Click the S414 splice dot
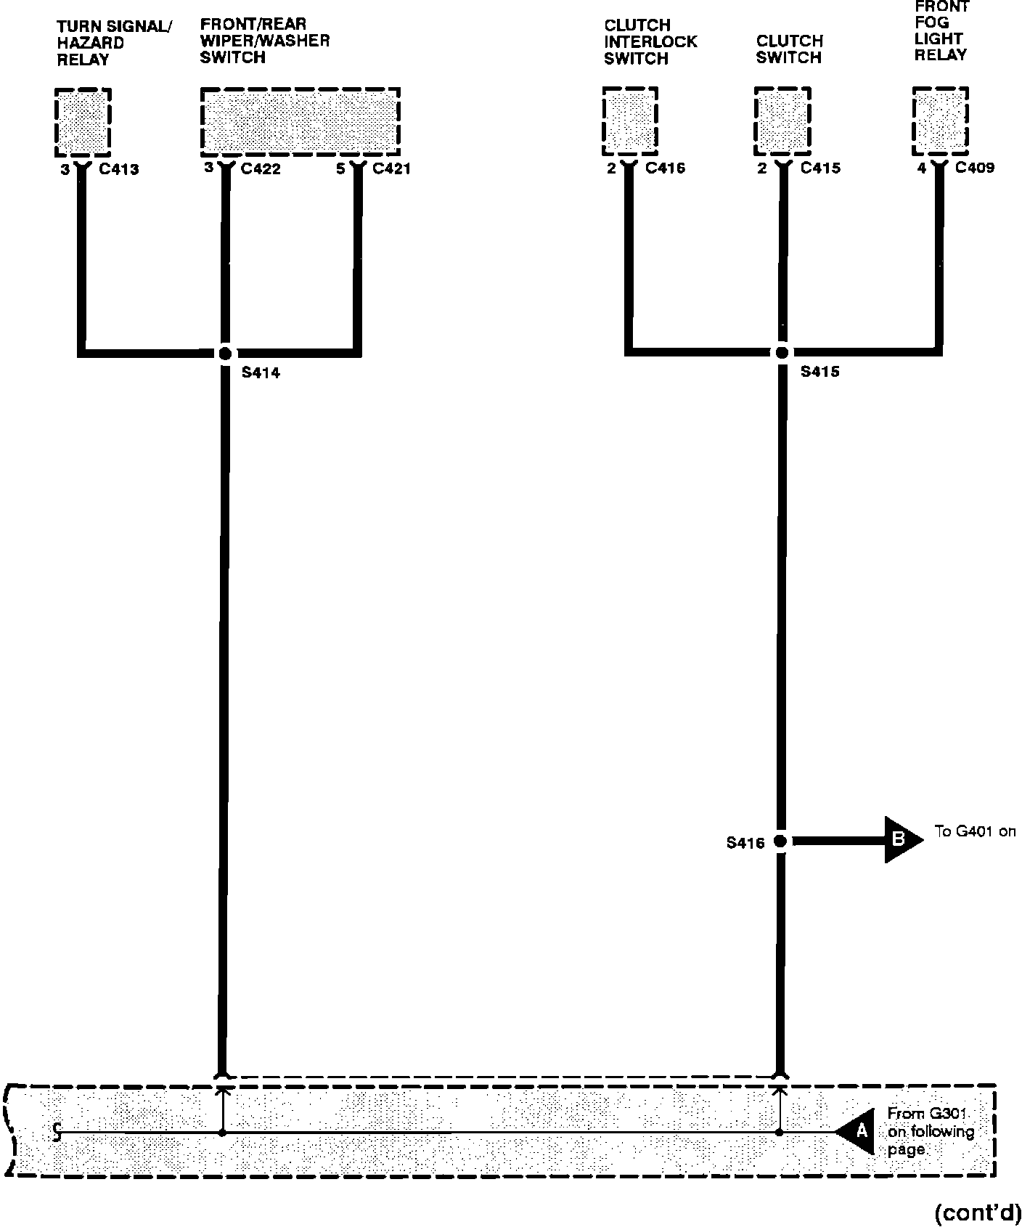[225, 354]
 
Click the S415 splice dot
[782, 353]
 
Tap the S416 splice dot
[780, 841]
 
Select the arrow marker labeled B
[901, 839]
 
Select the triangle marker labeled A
[857, 1131]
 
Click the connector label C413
[119, 170]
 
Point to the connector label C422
[261, 169]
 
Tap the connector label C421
[391, 169]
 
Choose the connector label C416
[665, 168]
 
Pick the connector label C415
[820, 168]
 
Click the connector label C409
[975, 168]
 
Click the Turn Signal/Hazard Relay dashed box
[83, 122]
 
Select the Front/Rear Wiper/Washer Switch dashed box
[300, 121]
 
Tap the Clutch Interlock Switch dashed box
[630, 121]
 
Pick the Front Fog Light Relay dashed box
[940, 121]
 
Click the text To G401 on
[975, 832]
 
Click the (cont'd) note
[977, 1212]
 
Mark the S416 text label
[745, 844]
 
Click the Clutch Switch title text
[789, 49]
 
